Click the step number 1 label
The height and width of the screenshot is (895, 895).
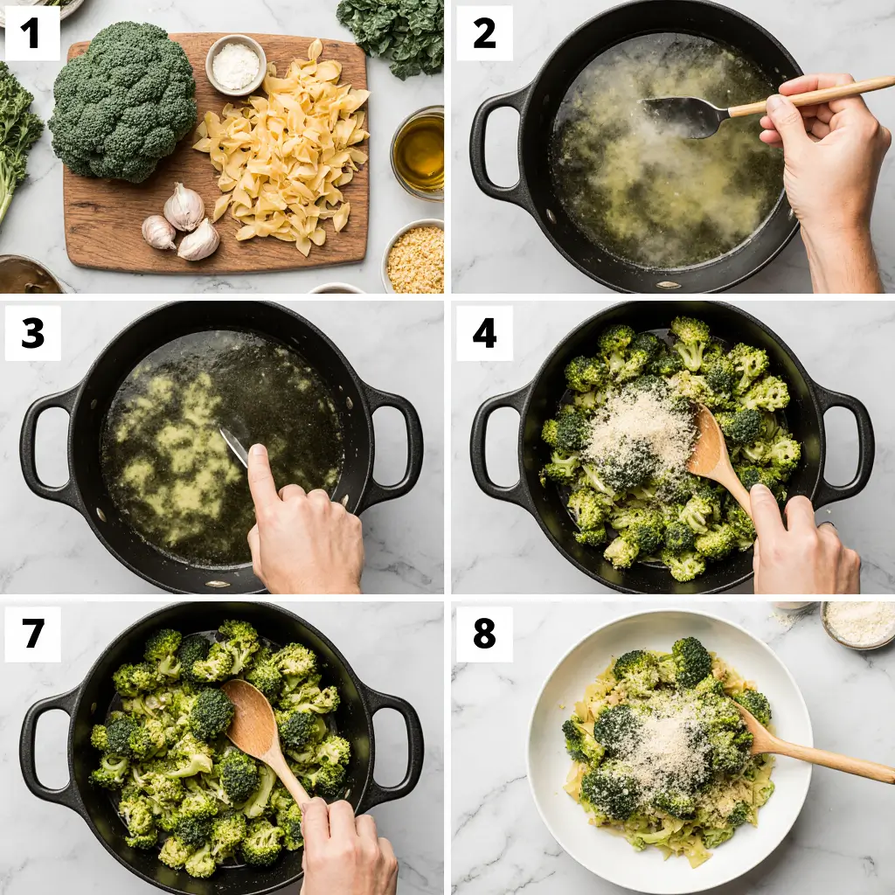point(32,33)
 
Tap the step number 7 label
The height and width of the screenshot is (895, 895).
point(32,634)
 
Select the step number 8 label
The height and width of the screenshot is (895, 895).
point(484,634)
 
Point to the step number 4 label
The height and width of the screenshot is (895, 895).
point(484,333)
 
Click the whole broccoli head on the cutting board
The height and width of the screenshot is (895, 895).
point(122,101)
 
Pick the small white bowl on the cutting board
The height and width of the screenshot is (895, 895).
point(235,65)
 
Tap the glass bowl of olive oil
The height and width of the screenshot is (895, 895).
point(419,152)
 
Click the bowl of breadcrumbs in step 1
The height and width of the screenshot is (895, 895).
point(414,258)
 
